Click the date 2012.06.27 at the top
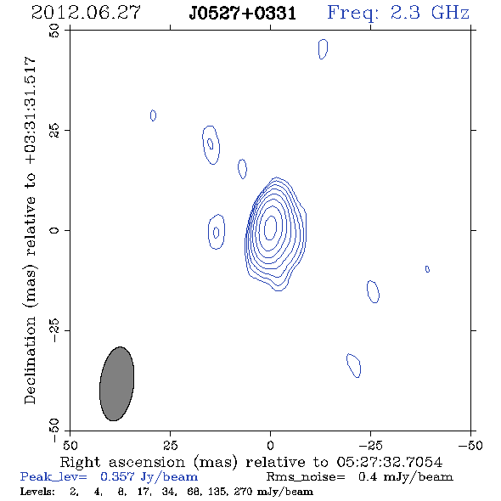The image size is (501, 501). pos(86,13)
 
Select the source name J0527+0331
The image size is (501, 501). pos(242,14)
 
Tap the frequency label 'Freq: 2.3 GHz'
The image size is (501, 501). pos(398,13)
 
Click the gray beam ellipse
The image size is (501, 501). pos(116,384)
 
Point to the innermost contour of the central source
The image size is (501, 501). pos(266,228)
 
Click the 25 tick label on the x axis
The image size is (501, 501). pos(170,445)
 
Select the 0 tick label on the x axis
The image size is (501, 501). pos(270,445)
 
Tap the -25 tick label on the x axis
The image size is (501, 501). pos(370,445)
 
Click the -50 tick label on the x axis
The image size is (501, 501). pos(470,445)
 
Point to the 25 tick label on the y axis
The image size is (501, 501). pos(54,131)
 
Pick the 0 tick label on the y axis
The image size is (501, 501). pos(54,230)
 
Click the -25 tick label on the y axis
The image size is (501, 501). pos(54,330)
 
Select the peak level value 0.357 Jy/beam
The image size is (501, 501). pos(149,476)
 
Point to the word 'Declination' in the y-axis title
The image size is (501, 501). pos(30,360)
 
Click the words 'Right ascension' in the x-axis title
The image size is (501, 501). pos(122,462)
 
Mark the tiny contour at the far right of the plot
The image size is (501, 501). pos(427,269)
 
